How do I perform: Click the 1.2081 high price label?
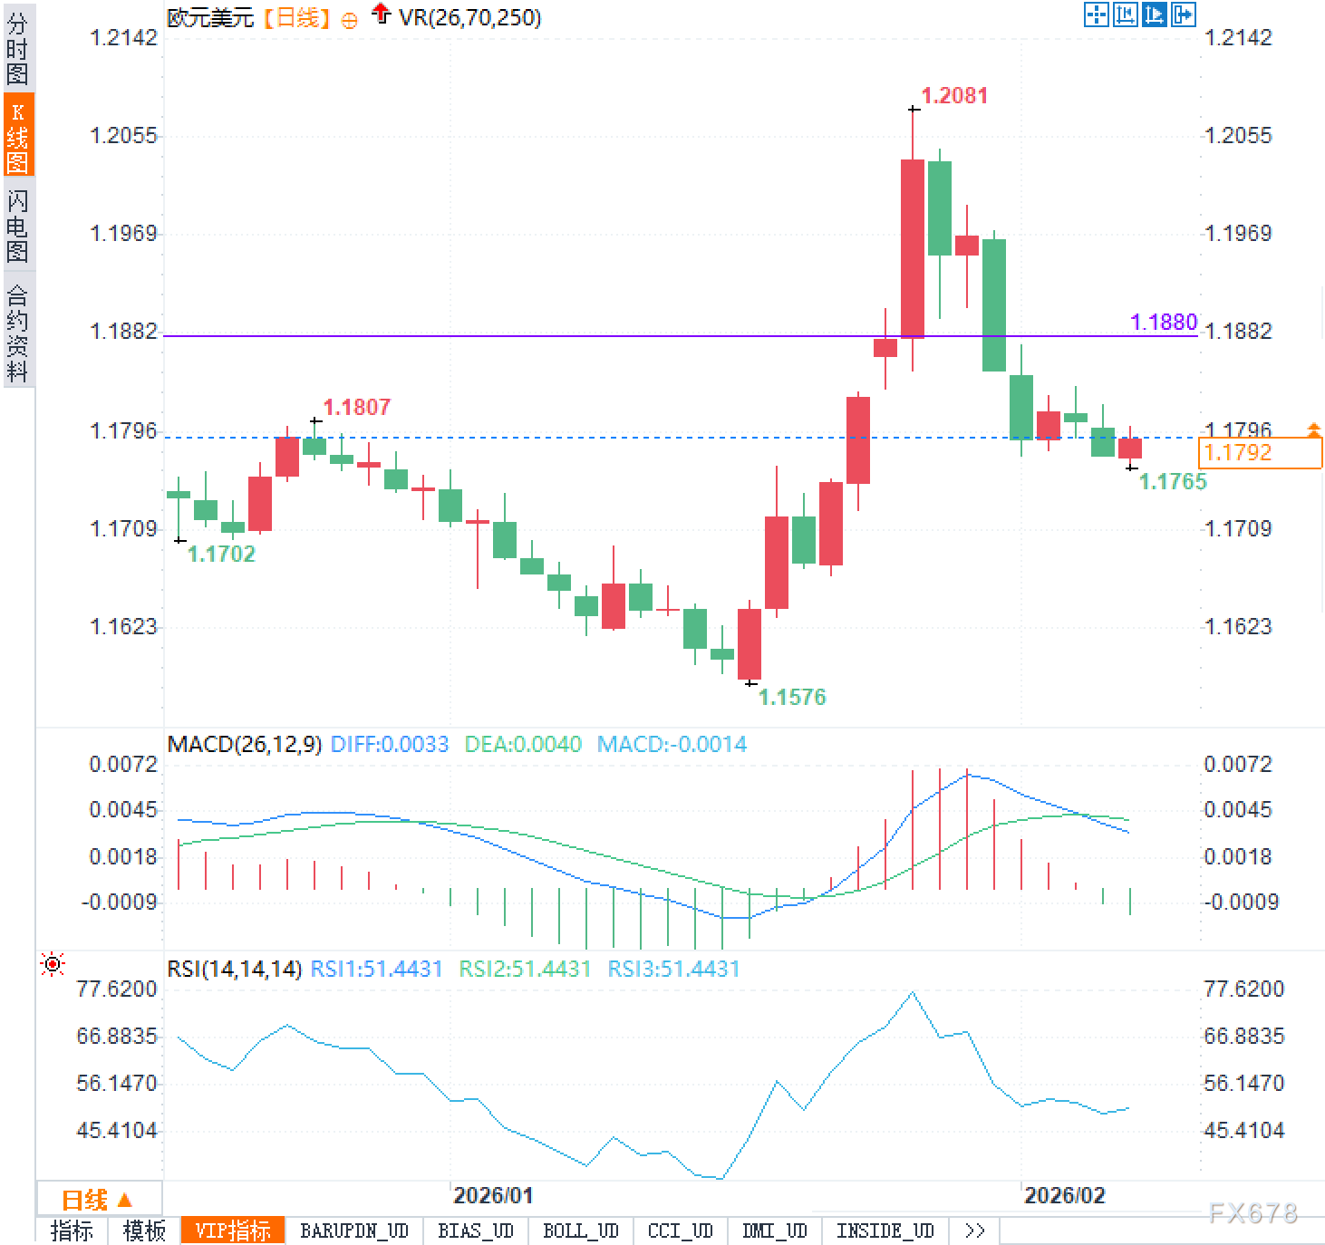coord(954,96)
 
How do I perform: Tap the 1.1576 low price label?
coord(792,697)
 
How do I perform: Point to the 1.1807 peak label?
coord(357,408)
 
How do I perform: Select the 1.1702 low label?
coord(221,554)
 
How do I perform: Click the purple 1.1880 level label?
coord(1164,323)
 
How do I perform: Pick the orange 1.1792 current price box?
coord(1259,453)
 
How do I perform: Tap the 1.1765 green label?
coord(1173,482)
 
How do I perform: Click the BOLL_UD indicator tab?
coord(580,1231)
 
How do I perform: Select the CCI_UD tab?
coord(680,1231)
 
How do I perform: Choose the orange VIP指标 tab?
coord(233,1231)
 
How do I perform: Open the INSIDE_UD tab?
coord(885,1231)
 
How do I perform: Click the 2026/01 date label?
coord(493,1195)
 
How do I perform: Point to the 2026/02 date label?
coord(1064,1195)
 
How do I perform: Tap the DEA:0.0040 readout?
coord(523,745)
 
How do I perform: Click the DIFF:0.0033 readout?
coord(390,745)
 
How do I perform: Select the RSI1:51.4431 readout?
coord(376,970)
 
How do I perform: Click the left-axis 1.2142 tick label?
coord(123,38)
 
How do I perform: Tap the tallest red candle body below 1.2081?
coord(913,248)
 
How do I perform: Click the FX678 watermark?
coord(1252,1213)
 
